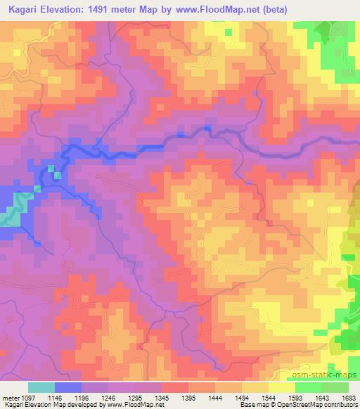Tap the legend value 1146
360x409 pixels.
click(x=54, y=397)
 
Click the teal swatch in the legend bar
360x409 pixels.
click(x=41, y=387)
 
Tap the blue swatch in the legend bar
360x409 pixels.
click(x=68, y=387)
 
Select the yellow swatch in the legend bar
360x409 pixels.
click(x=281, y=387)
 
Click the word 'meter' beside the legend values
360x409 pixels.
click(x=9, y=397)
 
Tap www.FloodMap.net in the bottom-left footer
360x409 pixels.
click(x=131, y=405)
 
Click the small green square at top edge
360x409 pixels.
click(x=229, y=32)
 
